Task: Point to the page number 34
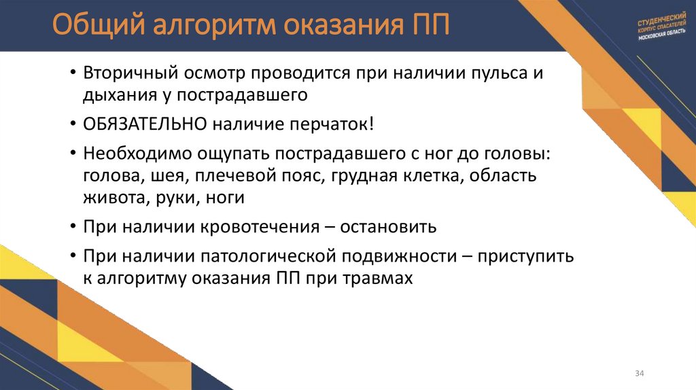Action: (x=639, y=374)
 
